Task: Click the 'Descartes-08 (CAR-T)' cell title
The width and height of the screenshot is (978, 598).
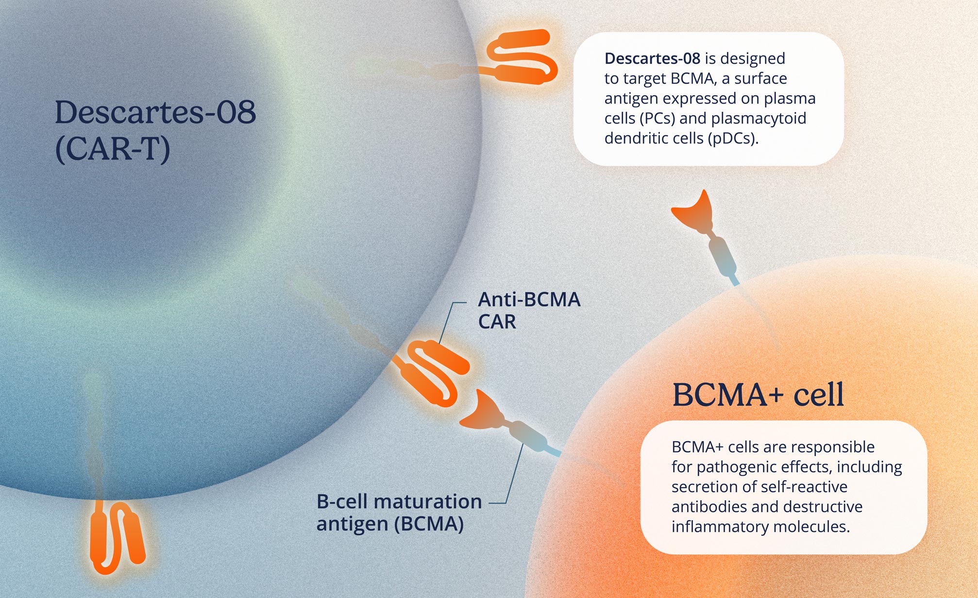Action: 155,130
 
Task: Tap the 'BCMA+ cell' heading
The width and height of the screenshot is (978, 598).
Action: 758,394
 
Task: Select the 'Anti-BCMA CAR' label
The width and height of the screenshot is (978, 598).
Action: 529,310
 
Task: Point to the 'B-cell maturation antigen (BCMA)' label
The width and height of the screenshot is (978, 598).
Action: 399,512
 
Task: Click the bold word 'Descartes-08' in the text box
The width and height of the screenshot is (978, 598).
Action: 652,58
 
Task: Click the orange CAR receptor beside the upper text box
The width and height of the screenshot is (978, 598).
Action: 519,57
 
